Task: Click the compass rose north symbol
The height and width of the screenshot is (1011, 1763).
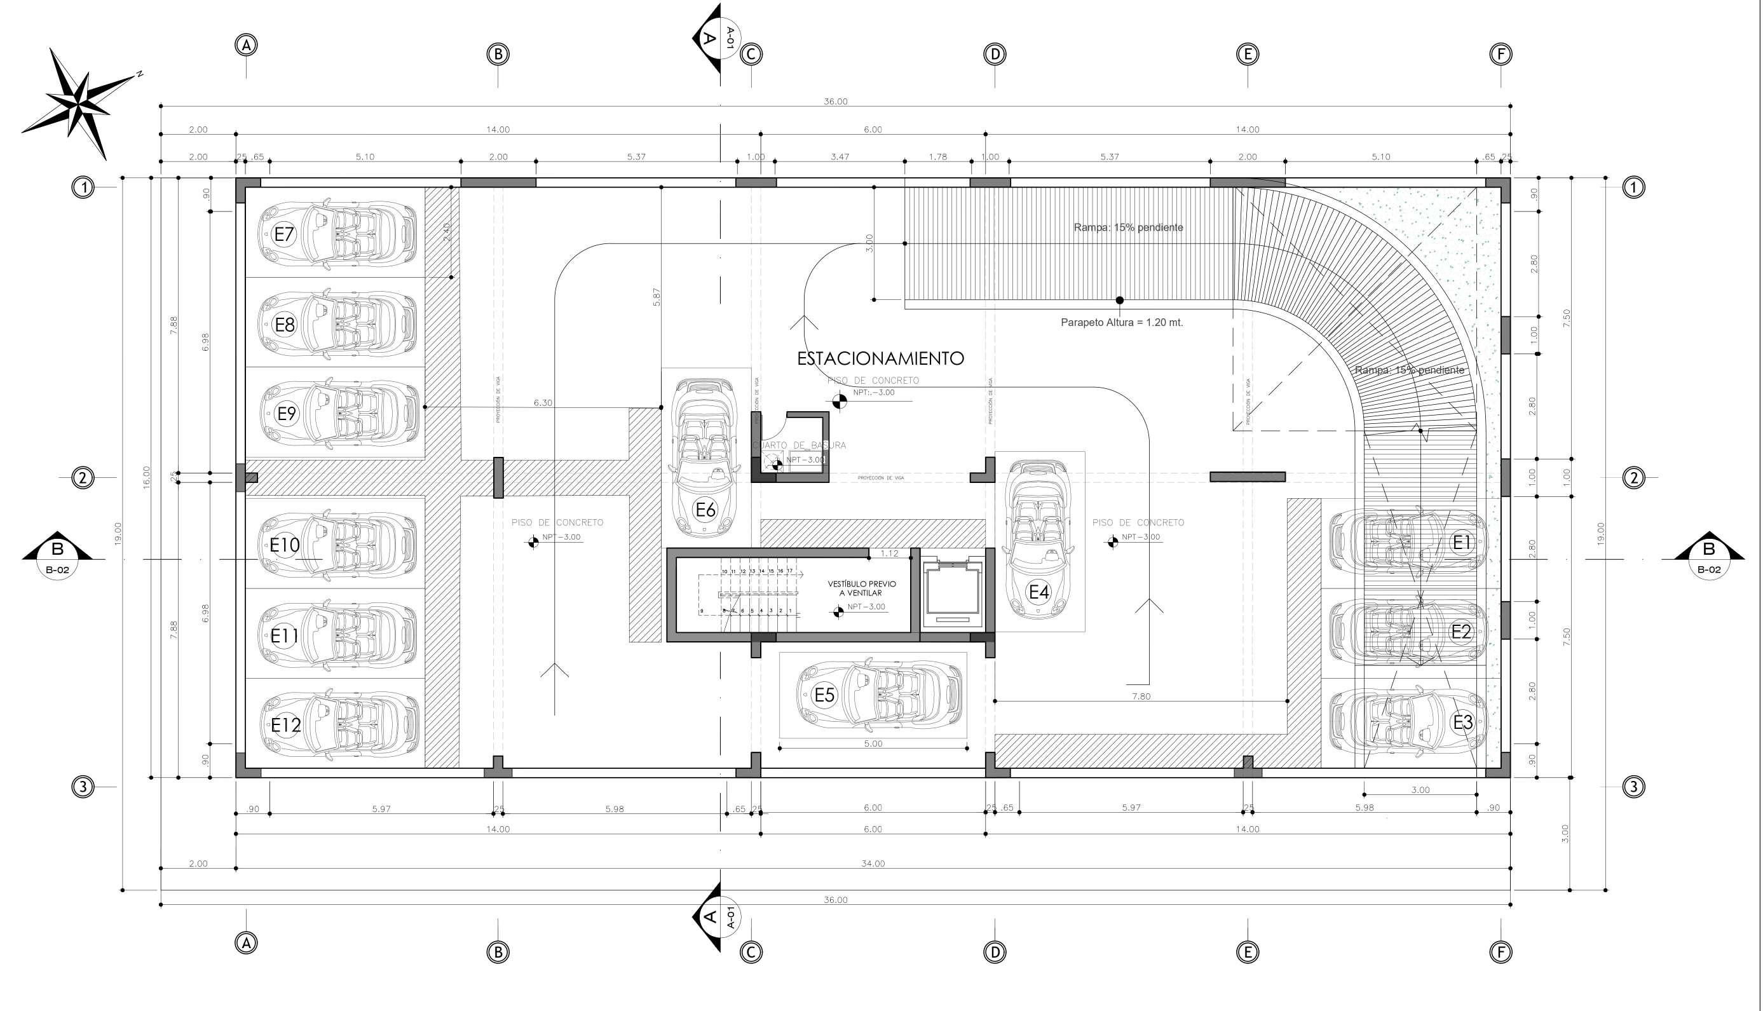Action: click(80, 103)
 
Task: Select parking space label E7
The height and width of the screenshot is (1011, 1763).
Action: click(284, 234)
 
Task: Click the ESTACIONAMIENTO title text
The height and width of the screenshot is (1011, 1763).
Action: click(880, 358)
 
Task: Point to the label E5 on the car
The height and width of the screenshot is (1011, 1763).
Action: click(824, 695)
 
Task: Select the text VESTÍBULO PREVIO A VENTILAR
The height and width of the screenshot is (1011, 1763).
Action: click(862, 588)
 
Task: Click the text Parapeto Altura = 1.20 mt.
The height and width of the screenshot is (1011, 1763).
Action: click(1121, 322)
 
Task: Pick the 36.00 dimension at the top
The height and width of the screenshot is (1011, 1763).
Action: click(835, 102)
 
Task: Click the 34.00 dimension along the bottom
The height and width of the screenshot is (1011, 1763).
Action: click(873, 864)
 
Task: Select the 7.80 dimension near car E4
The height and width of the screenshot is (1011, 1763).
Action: click(1141, 696)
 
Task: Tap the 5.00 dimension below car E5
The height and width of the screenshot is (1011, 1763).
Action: click(873, 743)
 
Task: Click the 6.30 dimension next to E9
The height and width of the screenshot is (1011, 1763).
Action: click(543, 403)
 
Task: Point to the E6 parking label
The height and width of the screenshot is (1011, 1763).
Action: click(705, 510)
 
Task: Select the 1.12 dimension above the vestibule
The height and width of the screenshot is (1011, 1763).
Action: click(888, 553)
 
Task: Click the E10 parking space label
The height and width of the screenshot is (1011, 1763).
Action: click(285, 545)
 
